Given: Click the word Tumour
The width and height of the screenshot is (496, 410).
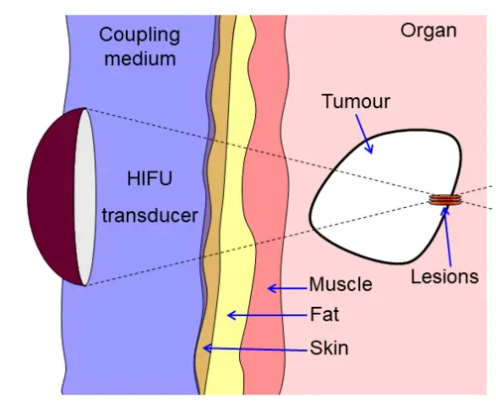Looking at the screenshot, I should point(356,103).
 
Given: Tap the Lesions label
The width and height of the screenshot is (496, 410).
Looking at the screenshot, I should point(444,277).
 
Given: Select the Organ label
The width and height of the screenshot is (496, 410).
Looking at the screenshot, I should point(429,31).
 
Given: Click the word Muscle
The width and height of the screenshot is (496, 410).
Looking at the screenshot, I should point(340,285).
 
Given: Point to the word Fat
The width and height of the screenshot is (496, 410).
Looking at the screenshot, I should point(324,316).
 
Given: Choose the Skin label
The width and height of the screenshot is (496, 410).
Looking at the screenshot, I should point(329,348).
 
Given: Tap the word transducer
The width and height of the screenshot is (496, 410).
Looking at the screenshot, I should point(151,214).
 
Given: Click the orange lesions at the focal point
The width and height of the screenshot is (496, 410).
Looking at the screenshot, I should point(445,201).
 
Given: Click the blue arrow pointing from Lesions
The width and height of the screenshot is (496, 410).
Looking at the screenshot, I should point(447,235).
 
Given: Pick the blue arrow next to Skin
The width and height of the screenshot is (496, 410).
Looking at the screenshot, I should point(253,348).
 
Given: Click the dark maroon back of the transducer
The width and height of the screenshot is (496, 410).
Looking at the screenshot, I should point(53,197).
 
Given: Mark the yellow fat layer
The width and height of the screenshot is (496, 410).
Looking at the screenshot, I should point(236,248).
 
